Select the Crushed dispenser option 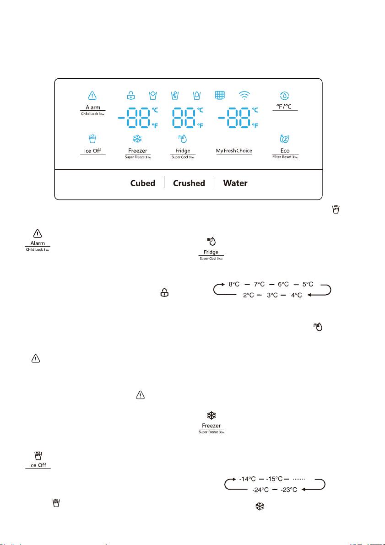(189, 183)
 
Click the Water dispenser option (235, 183)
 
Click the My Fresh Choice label (234, 151)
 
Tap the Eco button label (285, 151)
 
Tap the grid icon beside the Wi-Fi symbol (221, 96)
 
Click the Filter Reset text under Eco (285, 157)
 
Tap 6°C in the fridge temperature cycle (287, 284)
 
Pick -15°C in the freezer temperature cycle (275, 479)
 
